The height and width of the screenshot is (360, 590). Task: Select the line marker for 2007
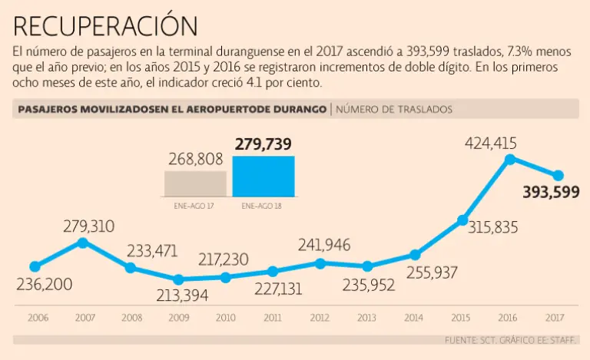coord(83,243)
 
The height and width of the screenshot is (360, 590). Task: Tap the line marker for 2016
coord(509,160)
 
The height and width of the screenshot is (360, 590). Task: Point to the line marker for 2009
coord(178,279)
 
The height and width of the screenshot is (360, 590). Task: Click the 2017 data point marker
coord(559,176)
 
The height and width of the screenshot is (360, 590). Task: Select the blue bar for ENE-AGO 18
coord(263,177)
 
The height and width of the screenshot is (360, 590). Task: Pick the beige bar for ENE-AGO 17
coord(195,185)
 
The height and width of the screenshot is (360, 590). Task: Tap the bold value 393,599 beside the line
coord(551,193)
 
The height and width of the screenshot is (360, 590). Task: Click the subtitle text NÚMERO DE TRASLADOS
coord(393,109)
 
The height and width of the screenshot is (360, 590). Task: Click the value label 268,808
coord(195,160)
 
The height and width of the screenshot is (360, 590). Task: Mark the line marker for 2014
coord(415,255)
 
